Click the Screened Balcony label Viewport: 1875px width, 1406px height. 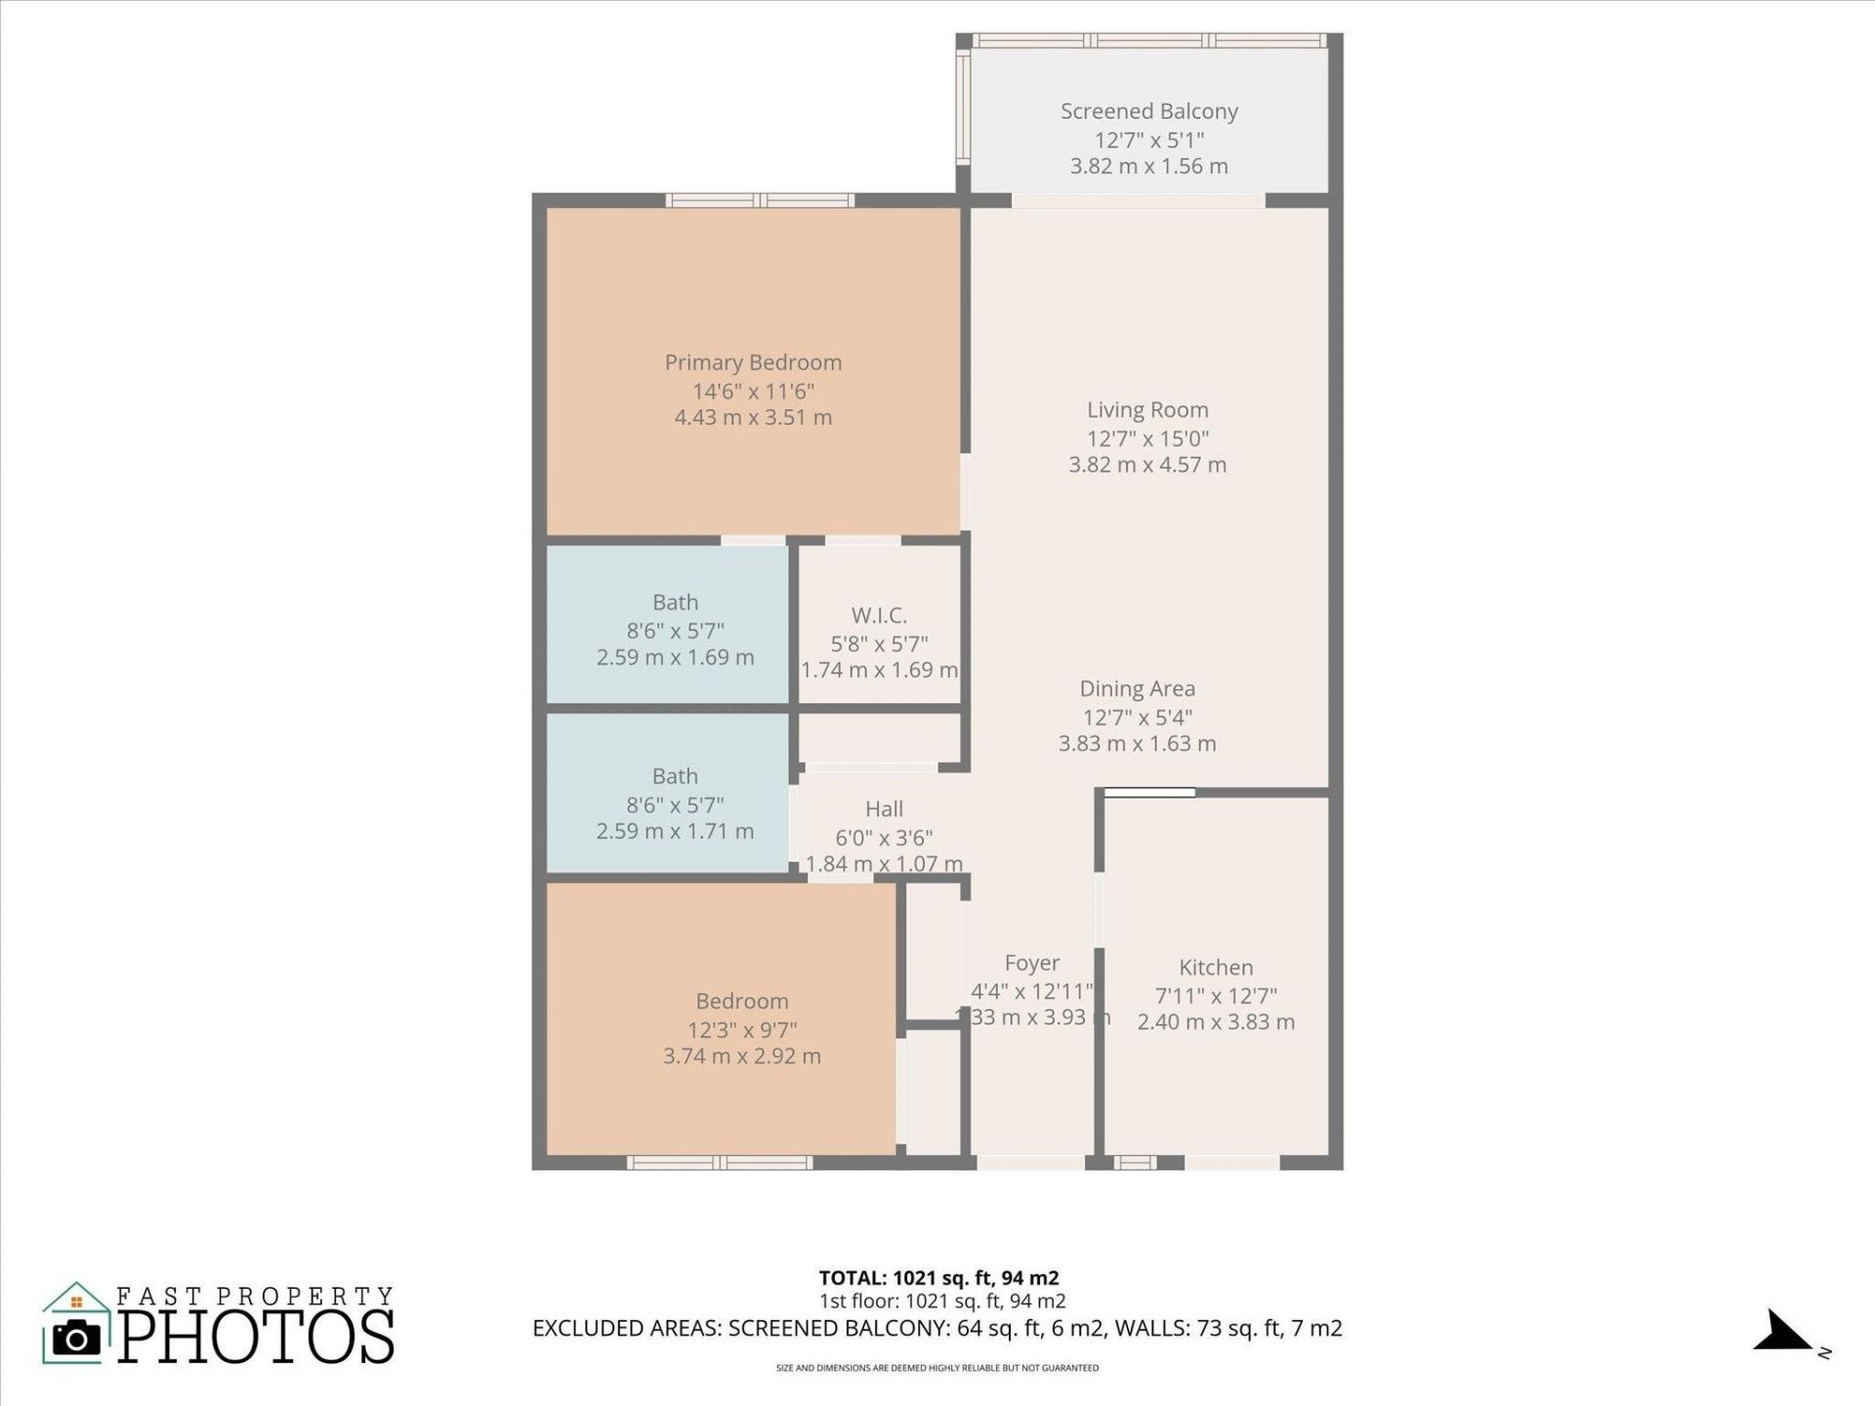point(1148,111)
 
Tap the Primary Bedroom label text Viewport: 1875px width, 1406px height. point(753,362)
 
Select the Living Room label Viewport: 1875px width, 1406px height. point(1147,410)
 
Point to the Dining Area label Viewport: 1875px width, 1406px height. point(1137,688)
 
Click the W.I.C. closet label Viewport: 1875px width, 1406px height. point(879,615)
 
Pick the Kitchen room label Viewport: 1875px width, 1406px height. point(1216,968)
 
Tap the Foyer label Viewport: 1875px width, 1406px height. point(1032,963)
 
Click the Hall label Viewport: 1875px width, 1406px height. point(884,808)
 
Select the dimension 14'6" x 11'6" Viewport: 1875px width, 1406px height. point(753,392)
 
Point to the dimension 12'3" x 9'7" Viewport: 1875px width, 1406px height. point(742,1030)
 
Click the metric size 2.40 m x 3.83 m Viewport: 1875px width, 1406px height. point(1216,1022)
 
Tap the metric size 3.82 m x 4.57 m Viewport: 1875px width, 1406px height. point(1147,465)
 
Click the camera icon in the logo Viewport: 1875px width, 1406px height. point(76,1338)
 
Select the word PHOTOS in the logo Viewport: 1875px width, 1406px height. point(257,1337)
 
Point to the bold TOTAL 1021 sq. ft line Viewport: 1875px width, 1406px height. point(938,1278)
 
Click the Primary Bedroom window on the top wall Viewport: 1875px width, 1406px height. point(760,201)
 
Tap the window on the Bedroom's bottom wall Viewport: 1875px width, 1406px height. point(719,1163)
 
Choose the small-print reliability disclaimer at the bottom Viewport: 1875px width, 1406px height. point(937,1368)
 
